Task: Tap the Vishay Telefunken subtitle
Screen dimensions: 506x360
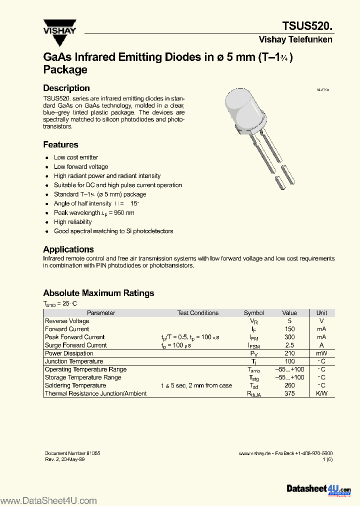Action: click(295, 39)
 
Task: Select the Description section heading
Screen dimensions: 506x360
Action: click(66, 88)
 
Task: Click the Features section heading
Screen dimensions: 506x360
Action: click(60, 144)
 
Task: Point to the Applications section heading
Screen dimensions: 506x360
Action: click(68, 249)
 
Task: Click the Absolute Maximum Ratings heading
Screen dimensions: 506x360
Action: click(98, 293)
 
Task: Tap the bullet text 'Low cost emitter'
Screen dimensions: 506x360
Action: click(76, 157)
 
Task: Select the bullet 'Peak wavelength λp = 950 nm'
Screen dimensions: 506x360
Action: click(94, 212)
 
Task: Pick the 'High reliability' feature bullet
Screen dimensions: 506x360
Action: click(73, 221)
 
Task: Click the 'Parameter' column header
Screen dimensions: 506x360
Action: click(101, 313)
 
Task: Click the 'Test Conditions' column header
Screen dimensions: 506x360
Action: click(198, 313)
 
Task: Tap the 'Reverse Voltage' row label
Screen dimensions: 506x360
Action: click(67, 321)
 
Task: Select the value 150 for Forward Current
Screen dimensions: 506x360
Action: click(289, 329)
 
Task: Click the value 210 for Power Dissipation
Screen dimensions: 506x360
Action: click(289, 353)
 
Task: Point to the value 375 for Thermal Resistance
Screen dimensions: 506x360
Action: click(289, 393)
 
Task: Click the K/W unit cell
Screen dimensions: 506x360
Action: click(321, 393)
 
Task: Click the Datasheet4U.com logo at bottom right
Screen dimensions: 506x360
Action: click(318, 488)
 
